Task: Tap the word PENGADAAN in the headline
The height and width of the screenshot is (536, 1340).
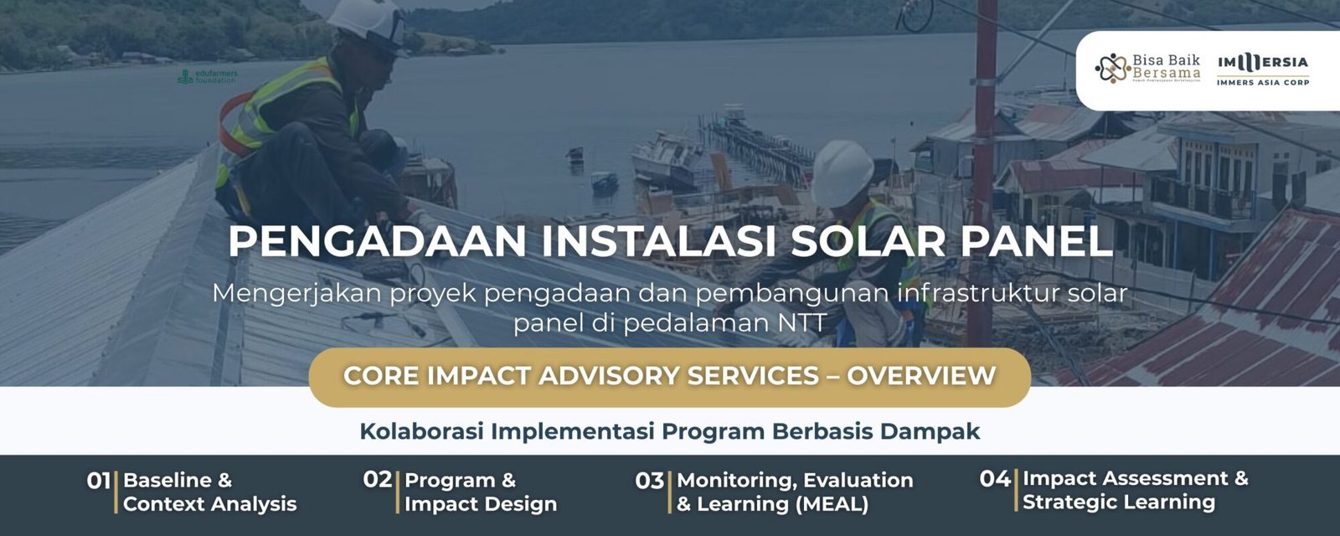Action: click(x=377, y=241)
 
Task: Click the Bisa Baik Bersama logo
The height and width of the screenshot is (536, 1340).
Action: click(x=1147, y=69)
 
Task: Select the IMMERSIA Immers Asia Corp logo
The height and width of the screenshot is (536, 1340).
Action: click(x=1263, y=69)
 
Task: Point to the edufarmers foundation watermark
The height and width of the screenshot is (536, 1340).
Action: click(x=208, y=76)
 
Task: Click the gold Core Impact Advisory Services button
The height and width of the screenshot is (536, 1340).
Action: click(x=669, y=376)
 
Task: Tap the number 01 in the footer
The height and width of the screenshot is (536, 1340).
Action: click(x=98, y=482)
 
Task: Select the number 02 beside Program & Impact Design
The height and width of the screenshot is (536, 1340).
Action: click(x=377, y=480)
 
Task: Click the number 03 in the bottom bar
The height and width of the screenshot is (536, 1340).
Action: click(x=649, y=482)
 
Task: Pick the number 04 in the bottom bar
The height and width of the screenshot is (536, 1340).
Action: click(x=994, y=479)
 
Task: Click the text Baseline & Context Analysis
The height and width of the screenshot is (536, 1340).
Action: click(x=209, y=492)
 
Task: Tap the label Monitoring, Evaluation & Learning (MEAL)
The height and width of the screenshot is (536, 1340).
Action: click(x=794, y=492)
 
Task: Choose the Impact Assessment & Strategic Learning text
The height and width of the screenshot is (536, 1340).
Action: click(x=1135, y=491)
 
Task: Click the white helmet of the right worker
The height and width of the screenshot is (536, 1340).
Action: click(x=841, y=172)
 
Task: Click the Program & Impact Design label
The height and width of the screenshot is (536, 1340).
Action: click(x=480, y=492)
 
